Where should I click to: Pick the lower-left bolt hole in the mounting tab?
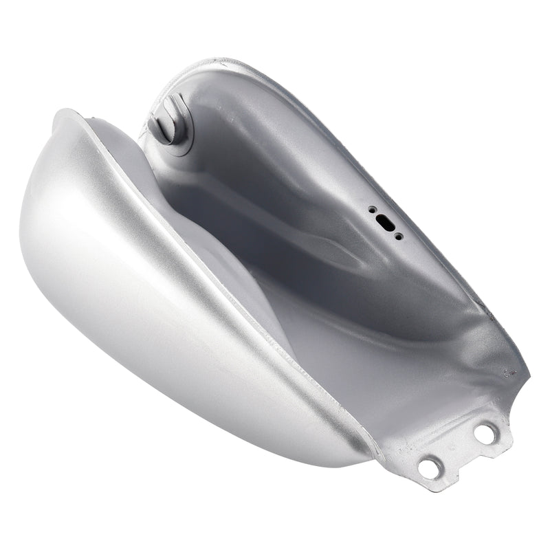[x=429, y=468]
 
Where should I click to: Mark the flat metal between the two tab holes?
[x=457, y=451]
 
